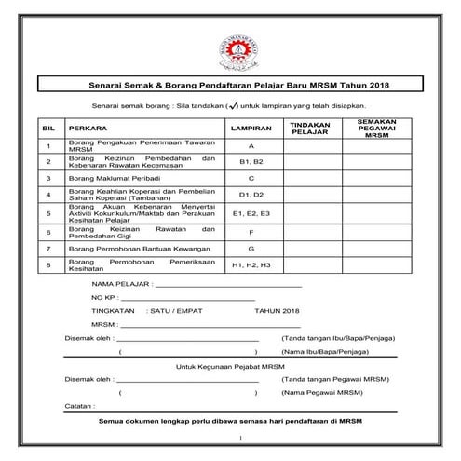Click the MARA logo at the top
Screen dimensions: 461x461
coord(230,44)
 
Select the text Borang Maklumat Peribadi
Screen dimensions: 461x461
coord(109,177)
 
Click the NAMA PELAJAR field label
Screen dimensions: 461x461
coord(120,286)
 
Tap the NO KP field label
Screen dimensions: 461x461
coord(102,300)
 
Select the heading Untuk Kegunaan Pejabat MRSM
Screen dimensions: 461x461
coord(230,369)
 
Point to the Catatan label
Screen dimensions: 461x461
coord(80,407)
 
